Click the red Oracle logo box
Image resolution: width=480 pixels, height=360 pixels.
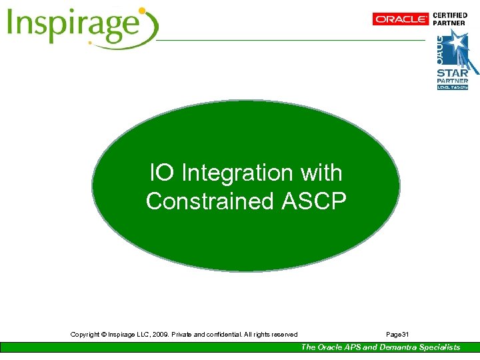point(401,19)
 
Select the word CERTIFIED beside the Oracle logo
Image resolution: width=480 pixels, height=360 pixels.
point(451,15)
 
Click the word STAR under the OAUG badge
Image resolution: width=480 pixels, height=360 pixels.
point(452,73)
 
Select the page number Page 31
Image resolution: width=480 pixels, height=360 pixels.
point(397,334)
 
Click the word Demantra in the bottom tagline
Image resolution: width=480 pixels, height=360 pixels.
point(397,347)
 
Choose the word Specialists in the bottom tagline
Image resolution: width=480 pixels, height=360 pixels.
point(439,347)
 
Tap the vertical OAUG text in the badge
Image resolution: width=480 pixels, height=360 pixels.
point(440,47)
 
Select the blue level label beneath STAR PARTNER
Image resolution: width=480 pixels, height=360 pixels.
point(453,87)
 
